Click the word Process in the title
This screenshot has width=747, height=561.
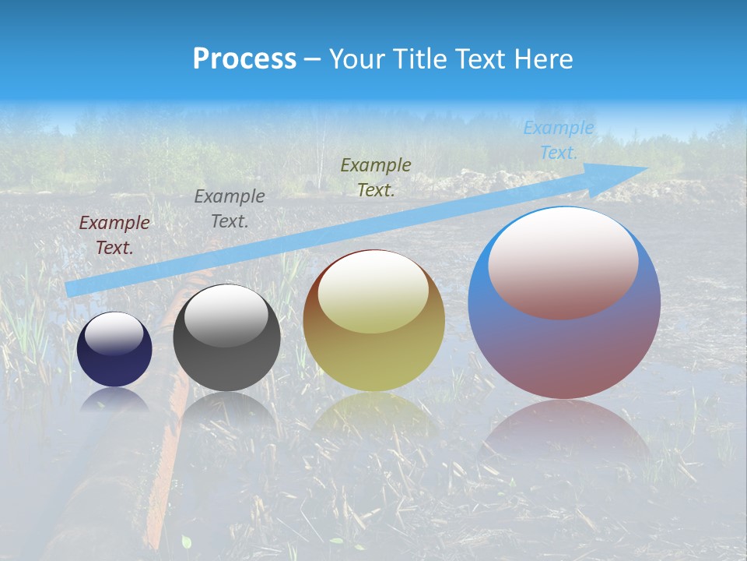point(244,58)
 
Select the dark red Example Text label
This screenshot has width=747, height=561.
point(114,235)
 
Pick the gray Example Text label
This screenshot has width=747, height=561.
point(230,209)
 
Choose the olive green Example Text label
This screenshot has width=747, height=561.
point(376,178)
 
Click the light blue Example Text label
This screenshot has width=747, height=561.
point(559,140)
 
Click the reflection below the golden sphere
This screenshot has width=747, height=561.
point(373,417)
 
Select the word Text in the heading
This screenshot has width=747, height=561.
point(479,58)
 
